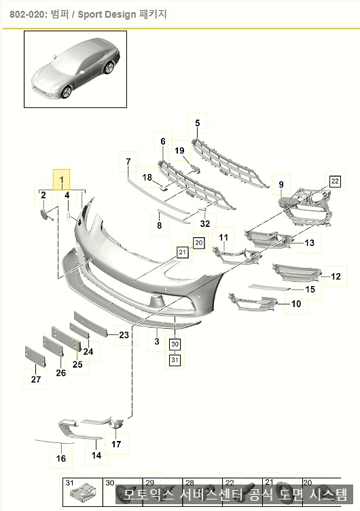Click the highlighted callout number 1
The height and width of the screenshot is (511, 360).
coord(62,179)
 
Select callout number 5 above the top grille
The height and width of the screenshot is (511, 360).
coord(198,123)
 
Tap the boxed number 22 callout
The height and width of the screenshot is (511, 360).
coord(335,181)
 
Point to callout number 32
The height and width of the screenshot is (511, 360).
coord(205,224)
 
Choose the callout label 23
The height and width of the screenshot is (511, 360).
coord(124,335)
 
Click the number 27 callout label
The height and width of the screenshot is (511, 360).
coord(36,379)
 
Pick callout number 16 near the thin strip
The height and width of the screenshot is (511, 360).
coord(61,458)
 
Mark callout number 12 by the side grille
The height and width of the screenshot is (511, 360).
coord(336,277)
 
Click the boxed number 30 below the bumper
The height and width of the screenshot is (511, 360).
coord(175,344)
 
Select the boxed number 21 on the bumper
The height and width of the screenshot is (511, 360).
coord(183,252)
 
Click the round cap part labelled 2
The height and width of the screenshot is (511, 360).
coord(44,215)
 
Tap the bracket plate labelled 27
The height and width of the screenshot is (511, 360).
coord(35,357)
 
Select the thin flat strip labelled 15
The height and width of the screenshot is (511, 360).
coord(270,287)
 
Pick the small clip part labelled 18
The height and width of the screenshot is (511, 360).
coord(163,188)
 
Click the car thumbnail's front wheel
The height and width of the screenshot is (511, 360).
coord(67,92)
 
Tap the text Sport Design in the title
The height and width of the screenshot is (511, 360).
coord(107,15)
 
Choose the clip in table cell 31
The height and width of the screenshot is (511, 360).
coord(84,495)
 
